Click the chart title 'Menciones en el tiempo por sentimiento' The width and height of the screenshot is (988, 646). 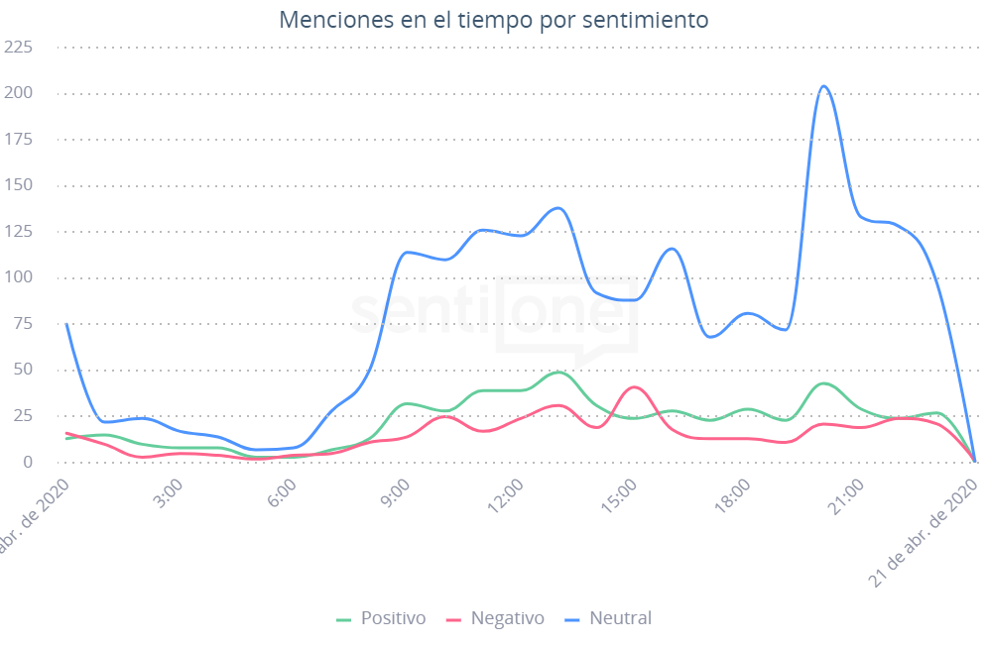pyautogui.click(x=494, y=20)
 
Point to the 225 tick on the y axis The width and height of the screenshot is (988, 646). pyautogui.click(x=19, y=47)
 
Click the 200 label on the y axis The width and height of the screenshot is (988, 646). pyautogui.click(x=19, y=93)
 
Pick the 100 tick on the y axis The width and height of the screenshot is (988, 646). pyautogui.click(x=19, y=277)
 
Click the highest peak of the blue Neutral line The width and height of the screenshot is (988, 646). pyautogui.click(x=823, y=85)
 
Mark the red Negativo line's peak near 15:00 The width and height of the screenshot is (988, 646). pyautogui.click(x=635, y=386)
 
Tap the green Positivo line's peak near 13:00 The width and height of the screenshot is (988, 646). pyautogui.click(x=558, y=372)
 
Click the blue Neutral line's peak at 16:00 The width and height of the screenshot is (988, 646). pyautogui.click(x=672, y=248)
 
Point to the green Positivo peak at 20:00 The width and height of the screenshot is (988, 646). pyautogui.click(x=823, y=382)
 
